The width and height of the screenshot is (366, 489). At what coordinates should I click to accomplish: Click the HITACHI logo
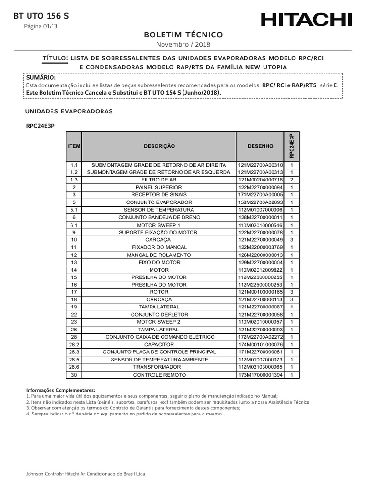tap(306, 20)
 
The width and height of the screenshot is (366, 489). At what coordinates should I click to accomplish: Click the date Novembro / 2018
tap(183, 44)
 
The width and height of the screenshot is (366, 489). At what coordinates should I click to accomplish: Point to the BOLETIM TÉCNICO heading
tap(183, 35)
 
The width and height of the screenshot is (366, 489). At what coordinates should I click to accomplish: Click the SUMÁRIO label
tap(41, 77)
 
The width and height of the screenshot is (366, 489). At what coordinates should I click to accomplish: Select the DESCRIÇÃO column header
tap(159, 146)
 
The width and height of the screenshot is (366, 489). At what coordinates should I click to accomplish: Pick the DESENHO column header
tap(260, 146)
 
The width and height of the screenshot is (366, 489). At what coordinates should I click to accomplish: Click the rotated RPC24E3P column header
tap(292, 146)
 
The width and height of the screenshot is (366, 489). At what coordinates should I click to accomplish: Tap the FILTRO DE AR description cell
tap(159, 180)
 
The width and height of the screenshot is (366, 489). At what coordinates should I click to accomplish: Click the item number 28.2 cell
tap(74, 344)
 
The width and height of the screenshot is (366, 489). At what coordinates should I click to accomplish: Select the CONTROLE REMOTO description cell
tap(159, 375)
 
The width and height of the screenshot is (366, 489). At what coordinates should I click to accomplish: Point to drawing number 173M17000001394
tap(260, 375)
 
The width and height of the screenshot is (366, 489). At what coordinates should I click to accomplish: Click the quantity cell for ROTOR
tap(292, 291)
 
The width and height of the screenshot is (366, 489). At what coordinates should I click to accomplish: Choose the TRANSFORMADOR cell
tap(159, 367)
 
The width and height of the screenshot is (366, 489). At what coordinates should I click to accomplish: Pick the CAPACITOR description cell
tap(159, 344)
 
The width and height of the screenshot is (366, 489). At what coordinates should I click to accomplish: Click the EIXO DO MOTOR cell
tap(159, 262)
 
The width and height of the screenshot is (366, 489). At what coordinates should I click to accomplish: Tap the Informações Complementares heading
tap(61, 390)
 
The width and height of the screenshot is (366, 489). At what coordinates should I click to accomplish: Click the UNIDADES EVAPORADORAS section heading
tap(69, 111)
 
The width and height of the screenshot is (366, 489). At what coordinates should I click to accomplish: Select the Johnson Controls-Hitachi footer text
tap(86, 474)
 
